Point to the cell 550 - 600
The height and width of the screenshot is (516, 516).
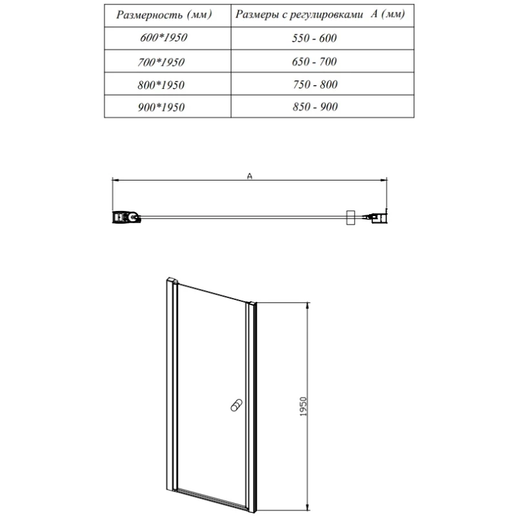pos(314,38)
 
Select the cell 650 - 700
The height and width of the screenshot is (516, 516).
pos(314,62)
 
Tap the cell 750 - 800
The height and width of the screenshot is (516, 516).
pos(314,84)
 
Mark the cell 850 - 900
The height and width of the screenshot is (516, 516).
pos(314,108)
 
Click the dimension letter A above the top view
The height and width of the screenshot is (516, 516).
pos(249,175)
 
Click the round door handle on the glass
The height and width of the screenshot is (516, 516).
pos(235,406)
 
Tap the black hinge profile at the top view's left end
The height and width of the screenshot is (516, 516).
pos(125,217)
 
